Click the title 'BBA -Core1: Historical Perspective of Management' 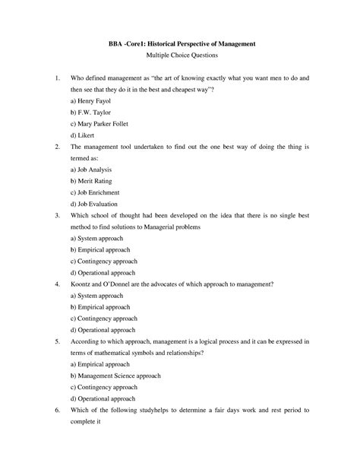[179, 45]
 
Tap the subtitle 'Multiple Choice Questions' [179, 57]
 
